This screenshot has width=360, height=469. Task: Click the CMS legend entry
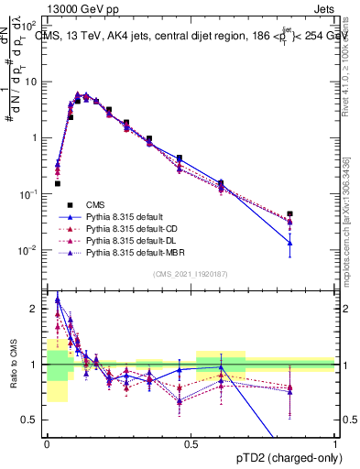[97, 204]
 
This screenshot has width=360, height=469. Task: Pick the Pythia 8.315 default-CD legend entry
[132, 228]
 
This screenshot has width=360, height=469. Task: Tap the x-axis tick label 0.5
[191, 443]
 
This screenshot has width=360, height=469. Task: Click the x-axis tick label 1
[335, 443]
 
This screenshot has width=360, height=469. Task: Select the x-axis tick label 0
[46, 443]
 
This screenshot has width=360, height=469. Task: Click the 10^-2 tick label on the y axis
[32, 251]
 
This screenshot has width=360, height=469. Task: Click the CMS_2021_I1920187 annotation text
[191, 273]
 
